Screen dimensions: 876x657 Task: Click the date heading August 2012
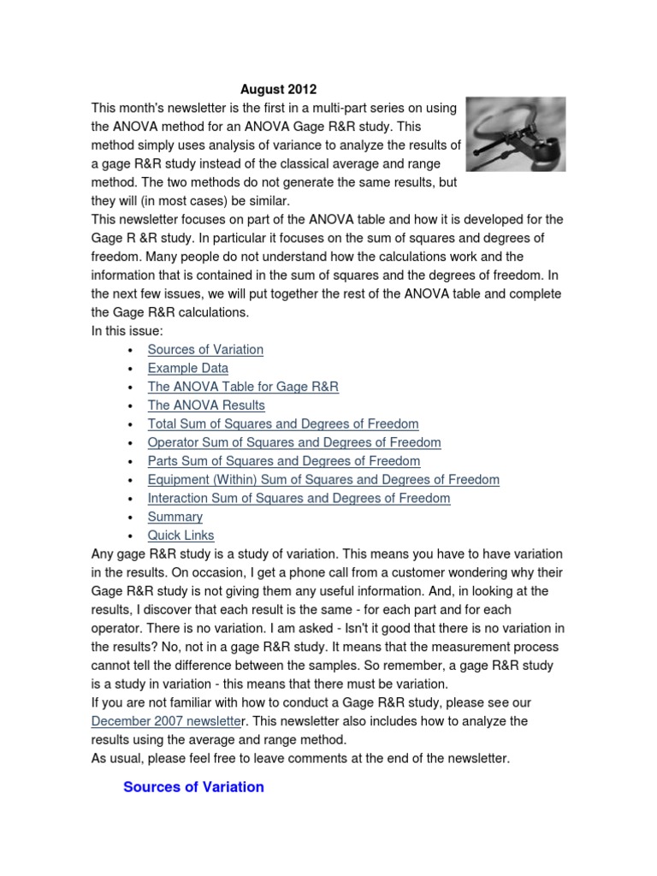click(x=278, y=89)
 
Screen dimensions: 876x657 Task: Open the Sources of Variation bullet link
click(x=205, y=349)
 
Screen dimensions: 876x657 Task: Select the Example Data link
click(x=187, y=368)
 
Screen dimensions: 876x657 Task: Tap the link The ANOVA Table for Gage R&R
click(x=243, y=387)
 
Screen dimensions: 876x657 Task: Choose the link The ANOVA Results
click(x=206, y=405)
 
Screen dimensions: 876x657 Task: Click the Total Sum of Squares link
click(x=283, y=423)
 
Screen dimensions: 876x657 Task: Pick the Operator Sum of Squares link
click(x=294, y=442)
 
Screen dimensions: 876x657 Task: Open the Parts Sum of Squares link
click(x=284, y=461)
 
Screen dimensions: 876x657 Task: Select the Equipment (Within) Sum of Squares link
click(x=323, y=480)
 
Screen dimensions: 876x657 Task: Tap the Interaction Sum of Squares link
click(x=299, y=498)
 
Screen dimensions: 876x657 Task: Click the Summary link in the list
click(x=175, y=517)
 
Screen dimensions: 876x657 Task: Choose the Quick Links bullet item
click(x=181, y=536)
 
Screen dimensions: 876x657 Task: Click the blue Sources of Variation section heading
click(x=193, y=787)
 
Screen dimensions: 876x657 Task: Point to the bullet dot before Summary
click(x=128, y=518)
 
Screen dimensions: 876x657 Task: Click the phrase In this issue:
click(x=125, y=331)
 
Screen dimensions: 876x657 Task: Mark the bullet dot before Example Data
click(x=128, y=369)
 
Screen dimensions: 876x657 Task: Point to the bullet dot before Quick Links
click(x=128, y=536)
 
